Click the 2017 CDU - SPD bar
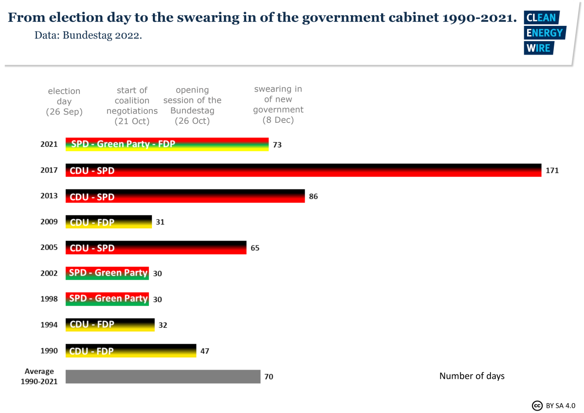coord(303,170)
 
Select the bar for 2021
coord(167,144)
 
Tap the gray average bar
coord(163,376)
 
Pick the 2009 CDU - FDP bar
coord(109,222)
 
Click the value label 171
coord(552,170)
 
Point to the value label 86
coord(313,196)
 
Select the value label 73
coord(277,145)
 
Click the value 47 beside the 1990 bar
coord(204,351)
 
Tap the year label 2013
coord(49,196)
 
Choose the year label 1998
coord(49,299)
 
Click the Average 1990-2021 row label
coord(39,376)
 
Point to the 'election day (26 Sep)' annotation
coord(64,101)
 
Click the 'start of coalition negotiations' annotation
coord(132,106)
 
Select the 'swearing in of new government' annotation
coord(278,105)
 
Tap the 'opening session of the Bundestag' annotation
coord(192,105)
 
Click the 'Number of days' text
coord(472,376)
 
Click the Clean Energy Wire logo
coord(544,33)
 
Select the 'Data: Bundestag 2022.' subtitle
coord(88,36)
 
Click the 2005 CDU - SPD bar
coord(156,247)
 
